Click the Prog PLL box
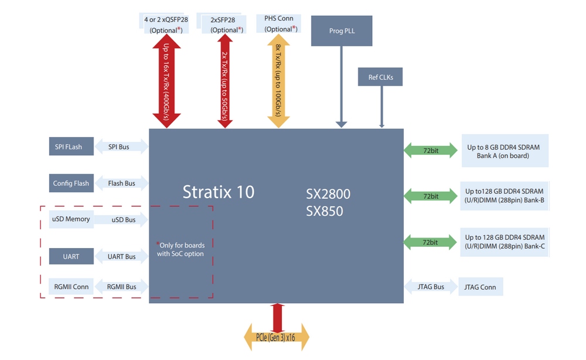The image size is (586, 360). pyautogui.click(x=342, y=30)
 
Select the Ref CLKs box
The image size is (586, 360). pyautogui.click(x=380, y=77)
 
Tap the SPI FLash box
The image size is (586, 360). pyautogui.click(x=71, y=146)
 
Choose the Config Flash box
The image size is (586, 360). pyautogui.click(x=71, y=183)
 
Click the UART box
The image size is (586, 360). pyautogui.click(x=71, y=256)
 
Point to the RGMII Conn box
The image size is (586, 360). pyautogui.click(x=71, y=287)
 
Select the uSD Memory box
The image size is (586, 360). pyautogui.click(x=71, y=219)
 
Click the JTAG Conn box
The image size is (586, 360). pyautogui.click(x=481, y=287)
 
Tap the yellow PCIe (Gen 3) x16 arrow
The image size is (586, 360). pyautogui.click(x=277, y=337)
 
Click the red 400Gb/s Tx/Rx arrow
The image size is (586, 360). pyautogui.click(x=166, y=81)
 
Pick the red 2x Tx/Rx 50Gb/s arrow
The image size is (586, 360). pyautogui.click(x=225, y=81)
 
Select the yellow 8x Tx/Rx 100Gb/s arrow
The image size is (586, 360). pyautogui.click(x=278, y=81)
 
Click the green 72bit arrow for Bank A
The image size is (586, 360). pyautogui.click(x=431, y=150)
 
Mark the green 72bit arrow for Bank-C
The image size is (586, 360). pyautogui.click(x=430, y=242)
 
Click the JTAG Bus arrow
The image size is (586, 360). pyautogui.click(x=431, y=287)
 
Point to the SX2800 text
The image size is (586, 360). pyautogui.click(x=328, y=193)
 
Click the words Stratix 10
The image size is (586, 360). pyautogui.click(x=218, y=192)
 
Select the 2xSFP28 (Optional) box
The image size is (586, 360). pyautogui.click(x=223, y=24)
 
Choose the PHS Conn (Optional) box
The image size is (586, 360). pyautogui.click(x=279, y=23)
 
